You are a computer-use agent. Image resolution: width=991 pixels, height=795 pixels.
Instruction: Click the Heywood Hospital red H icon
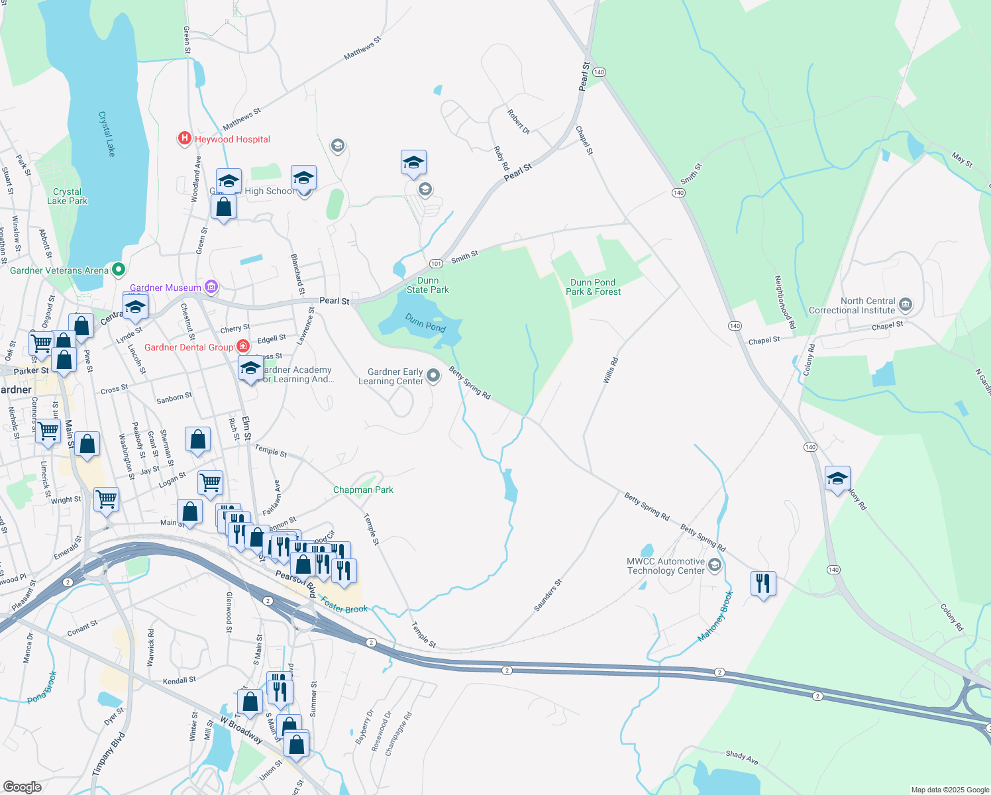coord(184,138)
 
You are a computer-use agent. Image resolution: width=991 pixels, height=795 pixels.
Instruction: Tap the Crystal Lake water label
coord(107,134)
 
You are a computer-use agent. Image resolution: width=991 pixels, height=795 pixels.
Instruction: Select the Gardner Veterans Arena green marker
coord(119,270)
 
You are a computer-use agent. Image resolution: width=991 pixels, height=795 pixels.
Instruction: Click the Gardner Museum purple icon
coord(211,287)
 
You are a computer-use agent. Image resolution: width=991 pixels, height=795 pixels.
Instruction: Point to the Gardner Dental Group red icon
coord(243,346)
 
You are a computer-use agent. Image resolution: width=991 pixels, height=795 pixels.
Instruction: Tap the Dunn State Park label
coord(428,286)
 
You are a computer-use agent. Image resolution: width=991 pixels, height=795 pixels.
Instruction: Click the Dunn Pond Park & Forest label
coord(593,287)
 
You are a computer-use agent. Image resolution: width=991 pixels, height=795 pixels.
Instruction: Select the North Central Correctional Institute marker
coord(906,305)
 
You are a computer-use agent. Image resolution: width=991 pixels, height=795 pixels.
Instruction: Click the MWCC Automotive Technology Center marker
coord(714,565)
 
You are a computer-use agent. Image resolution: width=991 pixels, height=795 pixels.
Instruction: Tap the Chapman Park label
coord(363,490)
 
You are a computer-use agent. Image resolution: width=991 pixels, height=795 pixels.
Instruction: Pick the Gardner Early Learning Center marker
coord(433,376)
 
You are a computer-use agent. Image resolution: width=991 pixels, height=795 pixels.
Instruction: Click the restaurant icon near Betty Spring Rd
coord(763,584)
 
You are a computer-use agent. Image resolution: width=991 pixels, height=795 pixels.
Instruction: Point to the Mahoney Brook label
coord(715,617)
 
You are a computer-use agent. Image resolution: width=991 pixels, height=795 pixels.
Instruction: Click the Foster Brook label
coord(344,605)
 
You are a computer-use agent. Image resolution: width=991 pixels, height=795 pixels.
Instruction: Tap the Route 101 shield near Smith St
coord(435,264)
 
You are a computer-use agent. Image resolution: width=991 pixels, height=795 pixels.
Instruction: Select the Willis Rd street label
coord(610,370)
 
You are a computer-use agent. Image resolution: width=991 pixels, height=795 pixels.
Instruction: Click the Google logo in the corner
coord(23,786)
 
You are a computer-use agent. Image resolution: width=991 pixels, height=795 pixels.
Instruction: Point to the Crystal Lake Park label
coord(67,196)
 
